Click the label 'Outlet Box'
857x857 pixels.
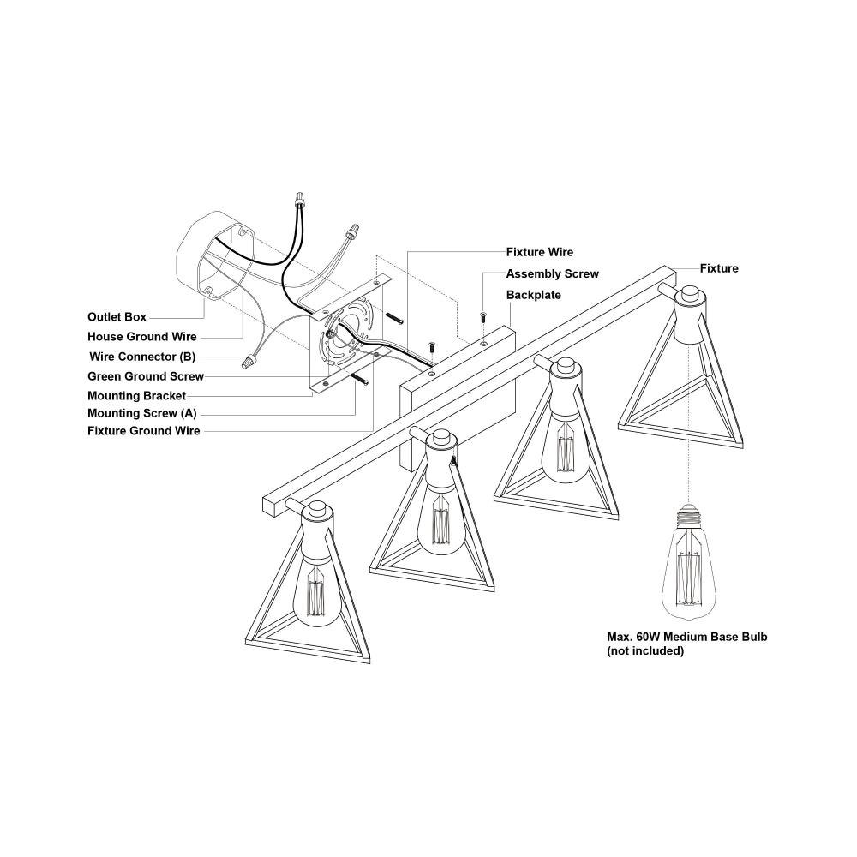[x=117, y=317]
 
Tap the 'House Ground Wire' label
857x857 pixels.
[x=142, y=337]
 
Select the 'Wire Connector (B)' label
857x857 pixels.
[x=142, y=357]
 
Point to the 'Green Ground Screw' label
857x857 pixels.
[x=146, y=376]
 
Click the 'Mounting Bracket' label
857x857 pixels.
[x=136, y=396]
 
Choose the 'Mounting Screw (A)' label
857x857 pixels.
[x=142, y=413]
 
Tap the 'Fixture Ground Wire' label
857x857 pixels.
[x=144, y=431]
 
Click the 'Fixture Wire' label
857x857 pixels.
[x=540, y=252]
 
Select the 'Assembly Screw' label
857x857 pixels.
[x=553, y=274]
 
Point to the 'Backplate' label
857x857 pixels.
[x=533, y=295]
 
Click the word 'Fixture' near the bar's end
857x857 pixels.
[x=719, y=268]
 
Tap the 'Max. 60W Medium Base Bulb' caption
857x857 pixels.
[x=687, y=637]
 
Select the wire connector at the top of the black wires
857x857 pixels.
[x=299, y=200]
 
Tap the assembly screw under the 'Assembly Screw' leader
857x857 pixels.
[x=483, y=316]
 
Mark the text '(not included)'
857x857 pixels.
[x=645, y=651]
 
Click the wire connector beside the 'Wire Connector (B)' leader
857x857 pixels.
[x=249, y=362]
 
